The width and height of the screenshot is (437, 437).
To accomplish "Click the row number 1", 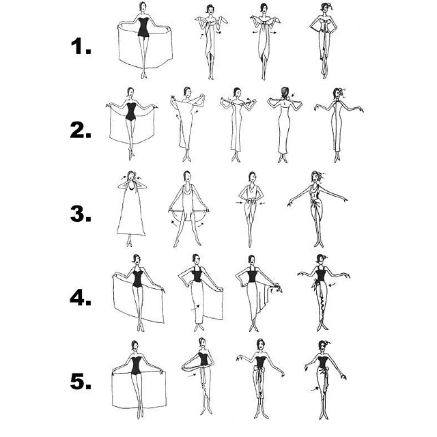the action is click(81, 46).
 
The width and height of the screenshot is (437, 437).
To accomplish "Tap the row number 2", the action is click(81, 130).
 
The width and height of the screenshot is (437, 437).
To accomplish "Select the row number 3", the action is click(81, 214).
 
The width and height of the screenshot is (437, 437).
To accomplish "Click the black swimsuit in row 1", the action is click(143, 27).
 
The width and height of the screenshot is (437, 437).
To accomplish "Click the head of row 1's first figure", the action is click(143, 6).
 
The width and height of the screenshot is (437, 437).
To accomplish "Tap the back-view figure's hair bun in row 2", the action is click(284, 91).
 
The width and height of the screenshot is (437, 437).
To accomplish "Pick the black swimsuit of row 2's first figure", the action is click(130, 112).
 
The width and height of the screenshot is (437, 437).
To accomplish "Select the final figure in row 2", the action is click(338, 125).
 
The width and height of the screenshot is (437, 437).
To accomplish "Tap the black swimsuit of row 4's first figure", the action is click(137, 277).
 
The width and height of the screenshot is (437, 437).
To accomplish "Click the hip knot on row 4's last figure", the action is click(315, 284).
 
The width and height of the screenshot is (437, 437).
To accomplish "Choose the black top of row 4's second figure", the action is click(197, 274).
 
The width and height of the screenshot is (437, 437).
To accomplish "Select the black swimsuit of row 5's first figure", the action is click(136, 365).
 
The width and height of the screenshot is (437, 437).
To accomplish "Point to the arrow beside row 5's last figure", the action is click(315, 389).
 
